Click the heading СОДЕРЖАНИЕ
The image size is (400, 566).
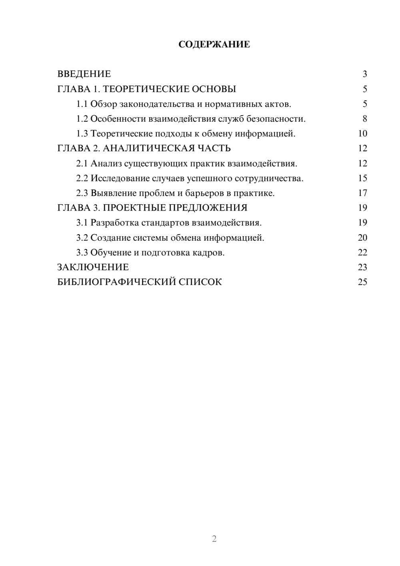coord(214,44)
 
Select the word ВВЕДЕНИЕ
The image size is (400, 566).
coord(84,74)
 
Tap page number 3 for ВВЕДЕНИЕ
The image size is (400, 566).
coord(365,74)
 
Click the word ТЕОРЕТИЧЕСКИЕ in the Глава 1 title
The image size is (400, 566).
coord(145,89)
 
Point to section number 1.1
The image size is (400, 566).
coord(82,104)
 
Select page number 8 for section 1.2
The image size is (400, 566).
coord(365,119)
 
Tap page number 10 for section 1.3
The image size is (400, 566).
coord(362,134)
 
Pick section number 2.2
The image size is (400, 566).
coord(82,179)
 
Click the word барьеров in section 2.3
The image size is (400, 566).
coord(204,193)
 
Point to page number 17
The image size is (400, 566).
coord(362,193)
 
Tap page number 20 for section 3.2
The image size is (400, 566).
coord(362,238)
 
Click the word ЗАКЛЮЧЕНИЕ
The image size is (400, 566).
coord(93,267)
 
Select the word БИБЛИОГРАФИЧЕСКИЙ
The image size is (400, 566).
coord(116,282)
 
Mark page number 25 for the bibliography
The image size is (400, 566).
coord(362,282)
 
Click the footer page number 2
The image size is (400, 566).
coord(214,539)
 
